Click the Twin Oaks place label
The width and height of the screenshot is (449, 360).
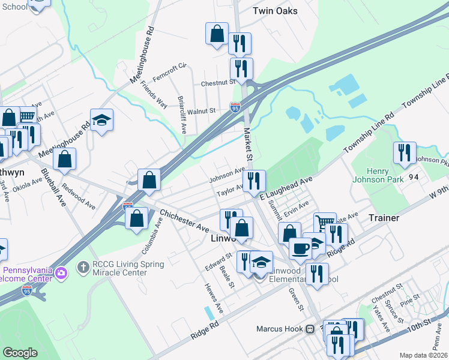click(275, 11)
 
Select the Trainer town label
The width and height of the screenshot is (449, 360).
click(384, 218)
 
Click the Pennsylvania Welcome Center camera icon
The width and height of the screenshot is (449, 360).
click(61, 274)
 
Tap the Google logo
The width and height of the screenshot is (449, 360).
click(20, 353)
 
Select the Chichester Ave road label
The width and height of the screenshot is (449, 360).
click(184, 221)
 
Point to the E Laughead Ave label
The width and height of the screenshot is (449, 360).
click(287, 188)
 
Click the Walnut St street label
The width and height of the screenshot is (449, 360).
click(201, 111)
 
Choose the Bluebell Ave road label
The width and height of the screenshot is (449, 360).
click(53, 187)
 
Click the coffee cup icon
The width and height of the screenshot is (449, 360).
click(300, 248)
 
